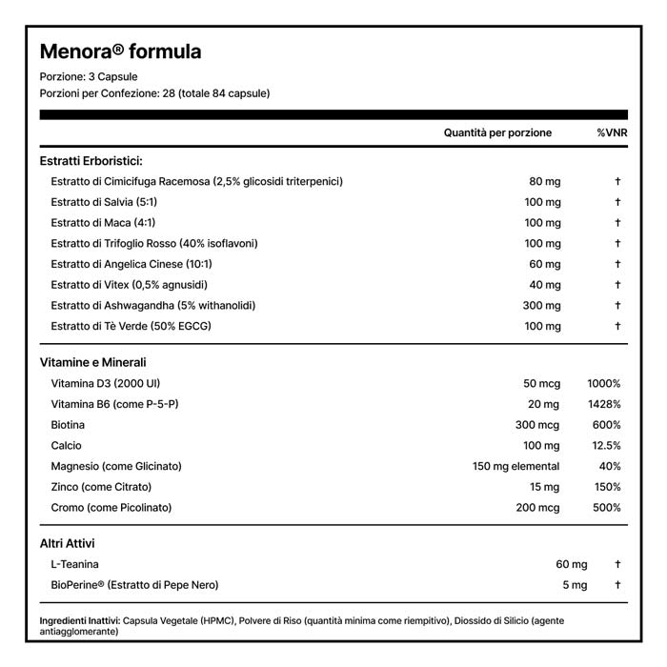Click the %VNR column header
tap(609, 133)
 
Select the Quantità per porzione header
tap(497, 133)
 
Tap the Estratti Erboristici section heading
tap(91, 161)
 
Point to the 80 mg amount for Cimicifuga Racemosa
tap(545, 181)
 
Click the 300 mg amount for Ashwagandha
tap(541, 305)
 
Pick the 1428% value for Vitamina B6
tap(603, 404)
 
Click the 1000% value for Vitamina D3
tap(604, 383)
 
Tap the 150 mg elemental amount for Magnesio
tap(516, 466)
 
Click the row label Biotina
tap(69, 425)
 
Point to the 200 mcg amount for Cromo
tap(537, 508)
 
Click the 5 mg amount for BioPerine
tap(575, 584)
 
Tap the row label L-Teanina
tap(75, 564)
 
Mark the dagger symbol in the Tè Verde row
tap(617, 326)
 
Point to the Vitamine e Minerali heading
tap(93, 362)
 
